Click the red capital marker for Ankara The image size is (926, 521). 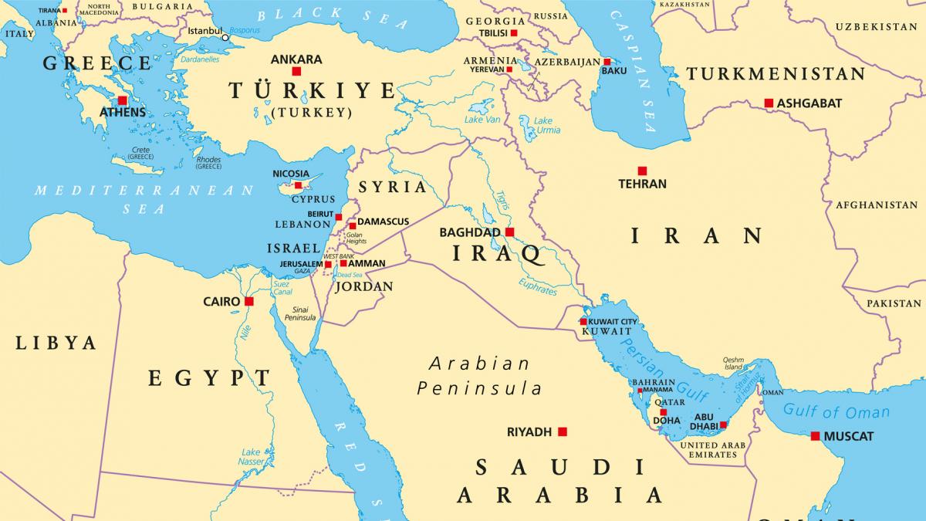(296, 71)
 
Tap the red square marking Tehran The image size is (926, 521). (642, 171)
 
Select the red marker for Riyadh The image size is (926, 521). (563, 432)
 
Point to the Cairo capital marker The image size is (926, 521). (248, 301)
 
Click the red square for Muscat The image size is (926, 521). (815, 436)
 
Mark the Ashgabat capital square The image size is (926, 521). (769, 103)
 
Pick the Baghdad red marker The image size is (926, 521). (509, 232)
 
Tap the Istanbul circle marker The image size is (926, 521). (225, 37)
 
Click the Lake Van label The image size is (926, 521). (482, 120)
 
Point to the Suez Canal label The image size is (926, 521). (281, 288)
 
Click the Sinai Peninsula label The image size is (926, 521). (300, 313)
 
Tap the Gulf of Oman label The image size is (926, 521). (836, 412)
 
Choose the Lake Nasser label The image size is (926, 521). (251, 456)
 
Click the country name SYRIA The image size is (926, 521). (393, 187)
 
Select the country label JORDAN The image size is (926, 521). (363, 286)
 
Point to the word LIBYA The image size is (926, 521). (56, 343)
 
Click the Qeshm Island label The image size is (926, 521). (733, 363)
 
